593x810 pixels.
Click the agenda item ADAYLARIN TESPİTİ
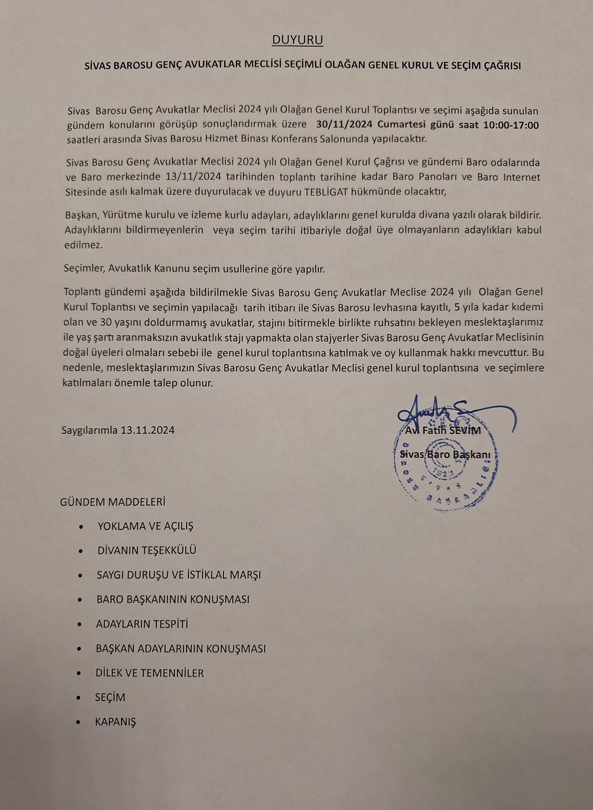click(142, 624)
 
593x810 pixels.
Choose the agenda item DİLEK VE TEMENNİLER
click(149, 673)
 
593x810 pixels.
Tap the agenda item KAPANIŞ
click(115, 722)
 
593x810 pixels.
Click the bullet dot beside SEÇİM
click(79, 698)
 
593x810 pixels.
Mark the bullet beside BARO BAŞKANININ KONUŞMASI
click(80, 600)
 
